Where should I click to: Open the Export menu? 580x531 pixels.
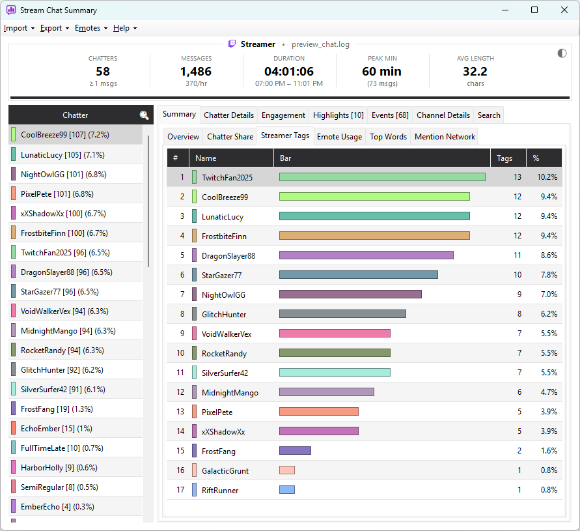click(x=55, y=28)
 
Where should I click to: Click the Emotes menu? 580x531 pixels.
click(x=91, y=28)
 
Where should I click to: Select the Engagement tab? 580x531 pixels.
click(x=283, y=115)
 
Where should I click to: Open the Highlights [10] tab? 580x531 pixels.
click(x=338, y=115)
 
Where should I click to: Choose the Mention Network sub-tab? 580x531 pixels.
click(x=445, y=137)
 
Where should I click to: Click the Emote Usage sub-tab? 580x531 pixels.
click(x=339, y=137)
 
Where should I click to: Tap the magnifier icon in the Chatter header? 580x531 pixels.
click(x=145, y=115)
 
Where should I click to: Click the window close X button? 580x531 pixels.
click(x=564, y=10)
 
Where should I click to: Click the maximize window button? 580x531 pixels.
click(x=534, y=10)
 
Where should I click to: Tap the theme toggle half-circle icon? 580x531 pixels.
click(x=562, y=53)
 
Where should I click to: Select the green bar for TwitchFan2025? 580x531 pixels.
click(x=382, y=177)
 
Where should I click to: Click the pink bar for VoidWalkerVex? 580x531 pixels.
click(x=335, y=334)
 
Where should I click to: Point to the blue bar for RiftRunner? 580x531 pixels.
click(x=287, y=489)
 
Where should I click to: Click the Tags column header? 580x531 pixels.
click(x=504, y=158)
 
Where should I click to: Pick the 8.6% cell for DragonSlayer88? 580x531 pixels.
click(x=549, y=255)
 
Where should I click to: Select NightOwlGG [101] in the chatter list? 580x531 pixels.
click(x=64, y=175)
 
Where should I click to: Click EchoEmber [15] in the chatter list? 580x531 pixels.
click(x=56, y=429)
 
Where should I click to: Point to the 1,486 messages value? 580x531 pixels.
click(x=196, y=71)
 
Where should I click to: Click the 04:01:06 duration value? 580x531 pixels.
click(x=289, y=71)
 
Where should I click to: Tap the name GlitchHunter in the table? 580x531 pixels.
click(x=224, y=315)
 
